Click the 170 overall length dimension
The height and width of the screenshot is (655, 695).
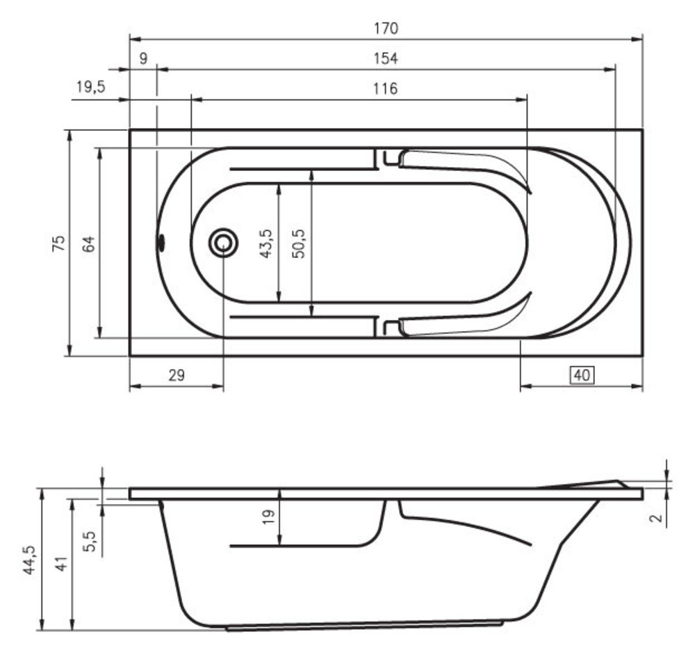(386, 29)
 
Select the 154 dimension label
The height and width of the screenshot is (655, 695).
(386, 58)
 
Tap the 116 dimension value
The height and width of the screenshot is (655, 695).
(385, 89)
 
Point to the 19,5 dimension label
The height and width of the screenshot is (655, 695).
(91, 86)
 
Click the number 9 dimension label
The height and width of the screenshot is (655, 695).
(143, 58)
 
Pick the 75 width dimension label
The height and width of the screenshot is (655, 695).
(58, 243)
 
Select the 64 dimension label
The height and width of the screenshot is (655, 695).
(89, 244)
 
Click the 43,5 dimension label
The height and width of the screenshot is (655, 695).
(266, 243)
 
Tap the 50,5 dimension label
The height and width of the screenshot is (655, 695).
(299, 243)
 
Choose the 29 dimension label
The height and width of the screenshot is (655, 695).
(177, 375)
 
